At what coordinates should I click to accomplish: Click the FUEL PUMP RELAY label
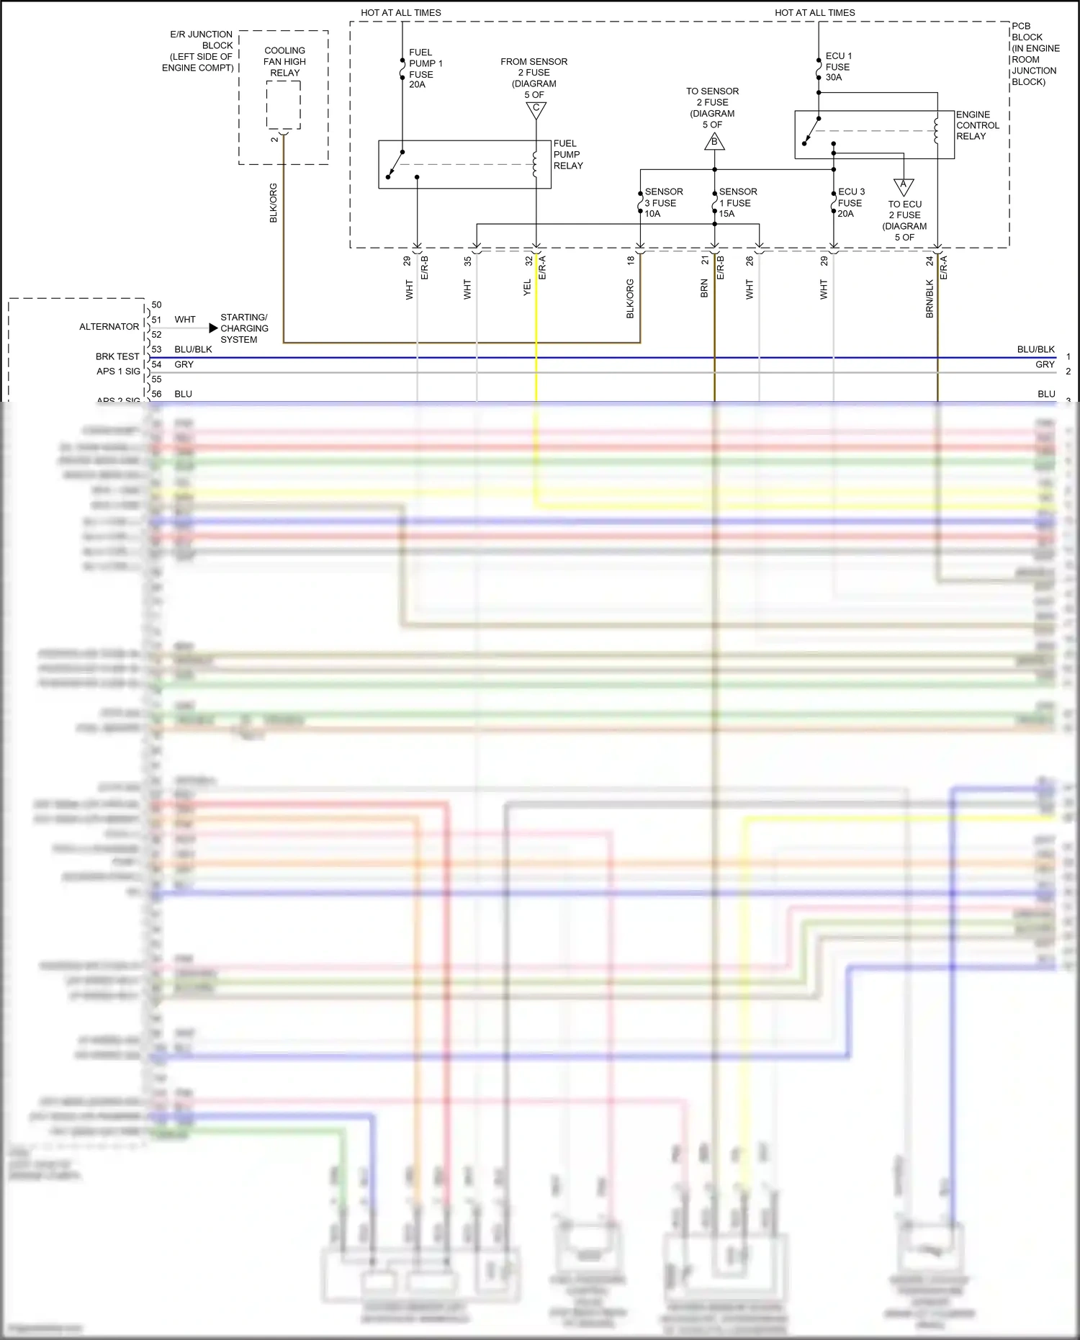point(567,155)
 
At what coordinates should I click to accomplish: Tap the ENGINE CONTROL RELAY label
point(977,125)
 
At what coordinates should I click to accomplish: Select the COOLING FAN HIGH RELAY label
point(284,62)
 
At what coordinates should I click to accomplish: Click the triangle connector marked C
point(536,109)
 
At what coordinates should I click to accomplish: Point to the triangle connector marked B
point(714,142)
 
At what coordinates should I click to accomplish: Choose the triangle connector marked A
point(904,186)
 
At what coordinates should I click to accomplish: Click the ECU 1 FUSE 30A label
point(838,66)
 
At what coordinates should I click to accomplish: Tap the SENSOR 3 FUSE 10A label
point(663,202)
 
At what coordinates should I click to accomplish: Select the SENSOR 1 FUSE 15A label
point(737,202)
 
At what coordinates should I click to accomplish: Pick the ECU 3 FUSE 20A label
point(850,202)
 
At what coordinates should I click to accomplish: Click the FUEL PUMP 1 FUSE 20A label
point(425,68)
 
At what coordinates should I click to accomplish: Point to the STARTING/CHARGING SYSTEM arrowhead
point(213,328)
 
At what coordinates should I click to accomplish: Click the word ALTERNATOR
point(109,327)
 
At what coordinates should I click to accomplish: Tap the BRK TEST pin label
point(117,356)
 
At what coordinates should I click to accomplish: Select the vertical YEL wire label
point(527,287)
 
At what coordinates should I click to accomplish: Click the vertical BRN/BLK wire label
point(930,299)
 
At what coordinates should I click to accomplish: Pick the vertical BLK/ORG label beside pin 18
point(630,299)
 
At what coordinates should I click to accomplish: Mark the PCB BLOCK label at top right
point(1035,54)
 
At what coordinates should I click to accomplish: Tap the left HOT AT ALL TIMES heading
point(401,13)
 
